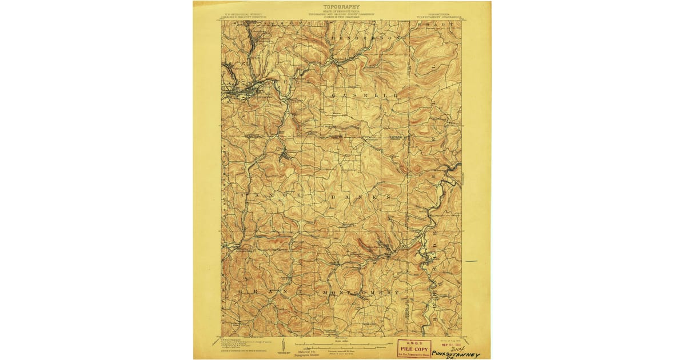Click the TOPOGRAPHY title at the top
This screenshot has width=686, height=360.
click(341, 6)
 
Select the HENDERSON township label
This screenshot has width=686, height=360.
click(363, 38)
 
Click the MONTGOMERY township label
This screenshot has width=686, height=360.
click(360, 293)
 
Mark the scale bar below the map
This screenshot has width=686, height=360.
click(341, 345)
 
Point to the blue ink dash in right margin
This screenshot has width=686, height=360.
click(471, 261)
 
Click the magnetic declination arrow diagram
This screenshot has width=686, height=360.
click(307, 347)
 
